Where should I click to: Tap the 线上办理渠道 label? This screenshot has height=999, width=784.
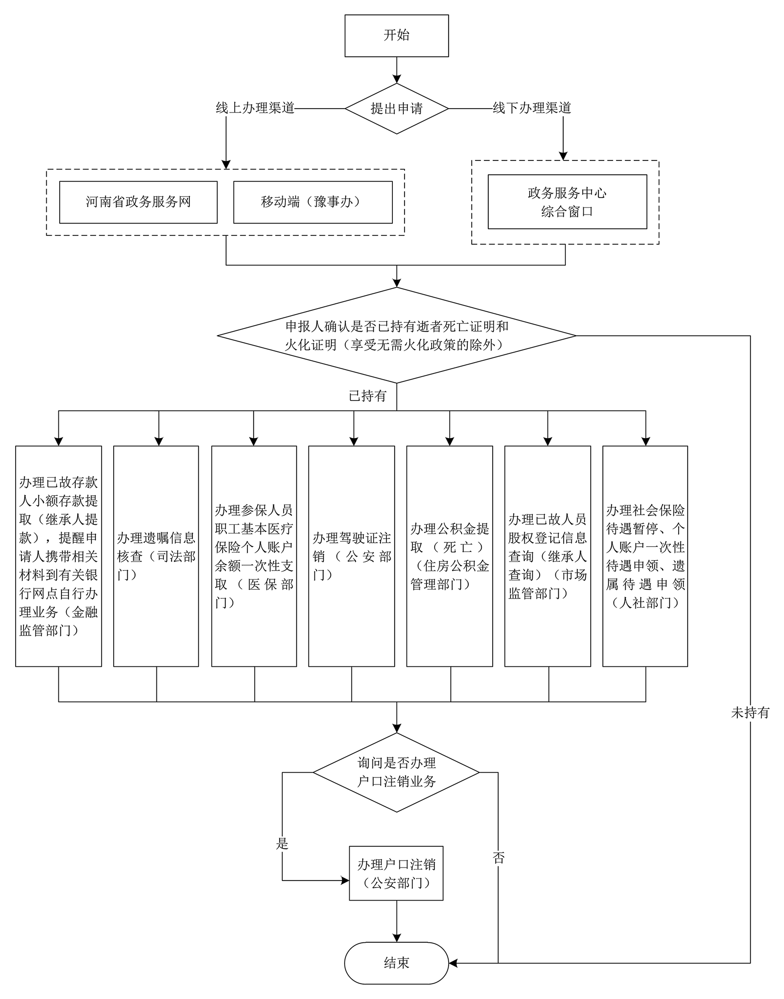click(255, 108)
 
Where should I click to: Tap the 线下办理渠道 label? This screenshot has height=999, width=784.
click(531, 108)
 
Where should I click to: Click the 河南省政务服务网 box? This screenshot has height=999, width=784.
click(138, 202)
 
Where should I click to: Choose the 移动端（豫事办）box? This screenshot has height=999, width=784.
click(313, 202)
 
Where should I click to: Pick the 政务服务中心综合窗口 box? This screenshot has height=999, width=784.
click(567, 202)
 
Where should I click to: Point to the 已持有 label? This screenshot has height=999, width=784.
click(367, 396)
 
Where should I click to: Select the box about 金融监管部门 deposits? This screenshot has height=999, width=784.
click(58, 556)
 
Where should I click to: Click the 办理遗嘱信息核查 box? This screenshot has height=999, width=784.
click(156, 556)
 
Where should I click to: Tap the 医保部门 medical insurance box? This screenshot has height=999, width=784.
click(254, 556)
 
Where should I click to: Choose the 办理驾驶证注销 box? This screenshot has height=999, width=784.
click(351, 556)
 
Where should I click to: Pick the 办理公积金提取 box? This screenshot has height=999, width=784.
click(449, 556)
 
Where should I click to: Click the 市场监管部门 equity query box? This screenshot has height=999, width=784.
click(547, 556)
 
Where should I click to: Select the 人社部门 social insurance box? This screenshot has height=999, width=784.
click(645, 556)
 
